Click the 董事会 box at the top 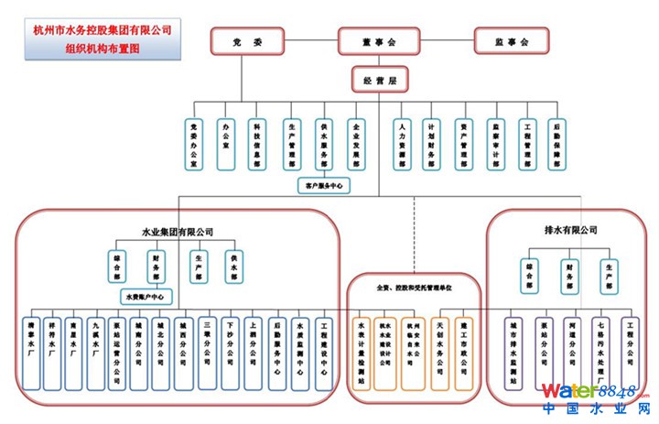pos(378,41)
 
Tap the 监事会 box pos(511,41)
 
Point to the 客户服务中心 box pos(324,185)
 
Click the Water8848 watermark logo pos(595,392)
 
